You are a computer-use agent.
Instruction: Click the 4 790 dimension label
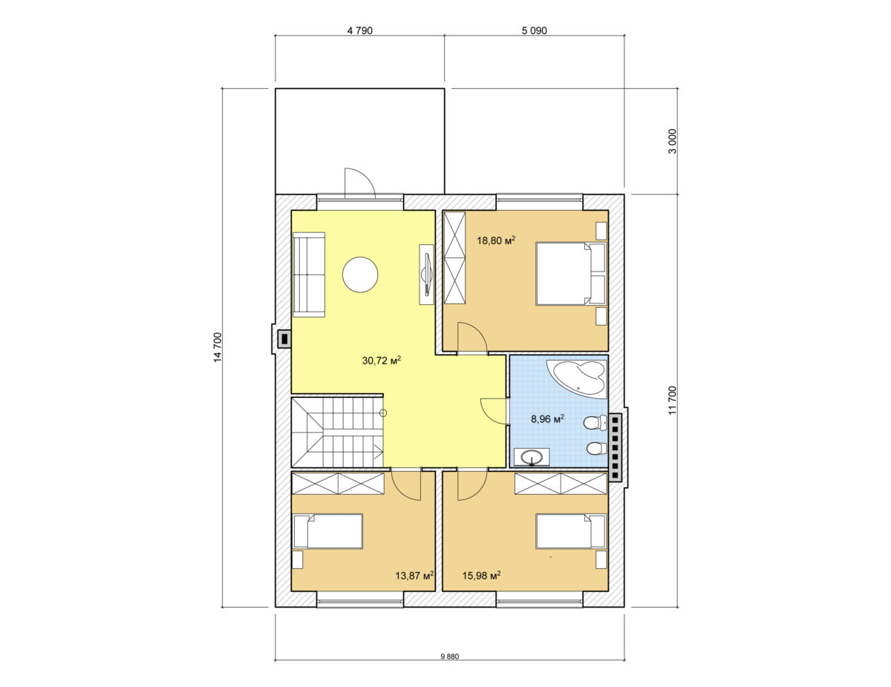click(x=359, y=30)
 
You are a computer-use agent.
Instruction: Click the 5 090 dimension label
click(x=535, y=30)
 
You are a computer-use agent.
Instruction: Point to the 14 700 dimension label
click(x=218, y=347)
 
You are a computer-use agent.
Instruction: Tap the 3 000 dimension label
click(x=673, y=142)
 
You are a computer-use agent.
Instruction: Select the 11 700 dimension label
click(x=673, y=400)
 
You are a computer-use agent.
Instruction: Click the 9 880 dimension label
click(x=450, y=668)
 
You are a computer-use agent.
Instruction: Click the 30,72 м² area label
click(x=382, y=360)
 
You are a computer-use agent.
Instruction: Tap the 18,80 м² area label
click(x=496, y=240)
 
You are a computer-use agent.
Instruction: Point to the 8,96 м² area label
click(x=547, y=418)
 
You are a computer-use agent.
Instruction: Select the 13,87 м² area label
click(x=414, y=575)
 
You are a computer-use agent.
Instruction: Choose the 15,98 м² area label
click(x=481, y=575)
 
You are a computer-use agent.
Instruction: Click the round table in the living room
click(x=360, y=275)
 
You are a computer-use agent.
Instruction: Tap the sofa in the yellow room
click(x=309, y=275)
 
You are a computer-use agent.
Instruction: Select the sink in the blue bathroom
click(x=532, y=457)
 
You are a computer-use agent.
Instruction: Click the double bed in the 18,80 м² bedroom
click(x=571, y=274)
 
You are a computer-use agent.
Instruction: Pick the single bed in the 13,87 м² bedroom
click(x=327, y=531)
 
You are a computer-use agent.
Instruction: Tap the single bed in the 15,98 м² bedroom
click(x=571, y=531)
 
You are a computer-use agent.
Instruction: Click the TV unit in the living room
click(x=426, y=275)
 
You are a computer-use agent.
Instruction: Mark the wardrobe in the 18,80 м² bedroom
click(x=454, y=257)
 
